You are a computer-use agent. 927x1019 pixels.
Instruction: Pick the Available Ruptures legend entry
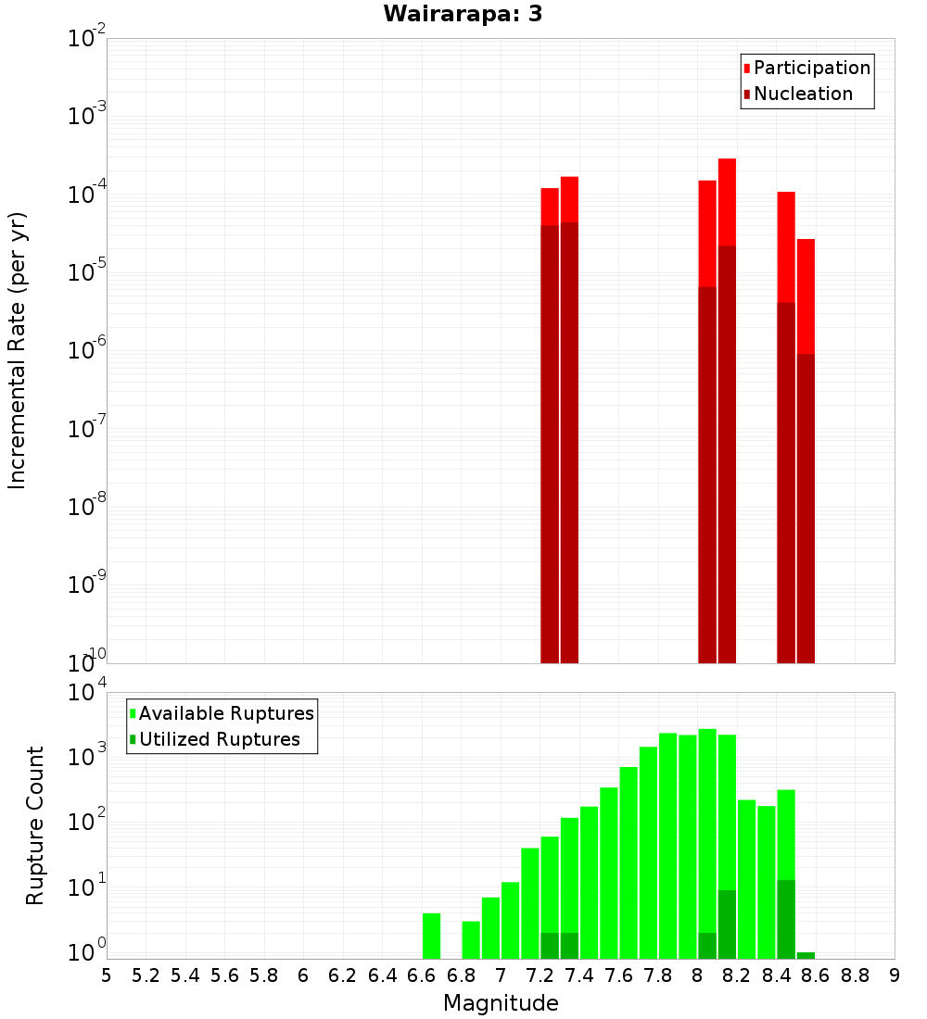[226, 713]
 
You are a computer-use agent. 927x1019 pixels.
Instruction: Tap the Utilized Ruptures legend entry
[219, 739]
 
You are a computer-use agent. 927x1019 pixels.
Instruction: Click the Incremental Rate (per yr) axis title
[18, 350]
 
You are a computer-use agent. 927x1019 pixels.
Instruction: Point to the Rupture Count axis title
[35, 824]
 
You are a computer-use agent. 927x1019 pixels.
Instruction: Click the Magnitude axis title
[501, 1003]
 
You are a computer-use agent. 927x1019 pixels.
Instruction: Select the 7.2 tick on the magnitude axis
[540, 975]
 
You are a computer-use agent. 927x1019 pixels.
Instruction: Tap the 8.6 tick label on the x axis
[816, 975]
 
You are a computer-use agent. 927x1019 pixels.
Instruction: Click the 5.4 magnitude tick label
[185, 975]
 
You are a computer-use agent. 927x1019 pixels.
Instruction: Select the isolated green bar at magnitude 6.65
[431, 936]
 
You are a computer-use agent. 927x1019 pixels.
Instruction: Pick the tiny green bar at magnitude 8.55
[806, 955]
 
